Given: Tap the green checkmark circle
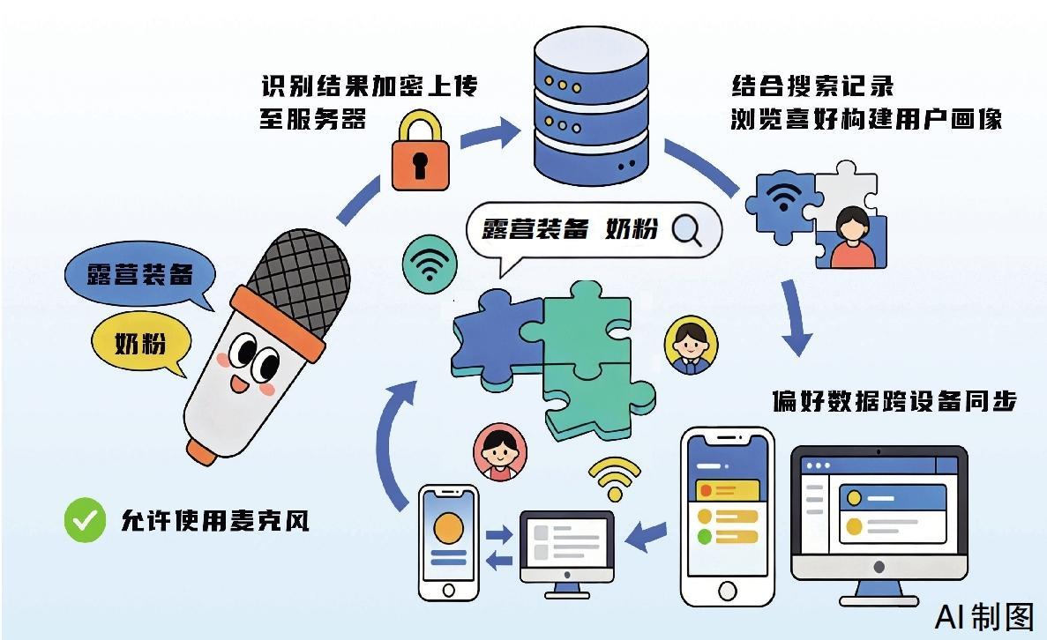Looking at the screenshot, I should tap(86, 519).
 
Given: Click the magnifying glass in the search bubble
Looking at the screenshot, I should tap(686, 229).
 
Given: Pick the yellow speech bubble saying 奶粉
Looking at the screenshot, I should tap(141, 343).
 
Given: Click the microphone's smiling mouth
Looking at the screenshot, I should tap(239, 383).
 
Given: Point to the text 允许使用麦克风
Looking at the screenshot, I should tap(214, 520).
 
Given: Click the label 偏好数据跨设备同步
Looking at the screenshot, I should tap(894, 401).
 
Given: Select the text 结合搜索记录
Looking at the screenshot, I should tap(811, 86).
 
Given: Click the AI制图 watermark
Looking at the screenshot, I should tap(983, 616).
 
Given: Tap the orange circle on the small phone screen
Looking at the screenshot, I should tap(449, 528).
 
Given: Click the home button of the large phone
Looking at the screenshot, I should tap(728, 589).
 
